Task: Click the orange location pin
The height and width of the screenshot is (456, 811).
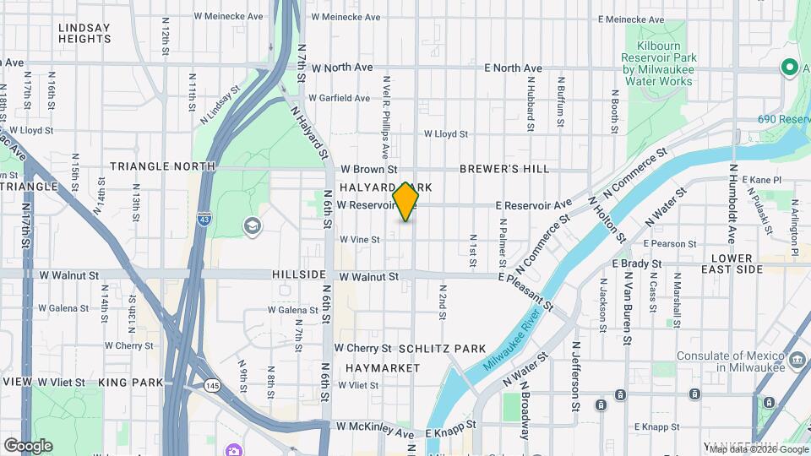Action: click(x=406, y=201)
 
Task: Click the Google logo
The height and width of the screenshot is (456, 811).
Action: click(x=28, y=446)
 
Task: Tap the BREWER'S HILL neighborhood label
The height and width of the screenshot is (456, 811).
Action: click(x=504, y=169)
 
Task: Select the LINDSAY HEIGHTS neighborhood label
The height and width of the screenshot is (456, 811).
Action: click(x=84, y=33)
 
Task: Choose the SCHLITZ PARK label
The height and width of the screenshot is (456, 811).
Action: click(x=442, y=349)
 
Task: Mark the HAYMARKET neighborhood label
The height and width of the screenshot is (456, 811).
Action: click(x=383, y=368)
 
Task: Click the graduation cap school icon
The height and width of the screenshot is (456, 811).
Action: click(x=251, y=225)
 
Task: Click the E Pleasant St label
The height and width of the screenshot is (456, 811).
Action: click(x=525, y=291)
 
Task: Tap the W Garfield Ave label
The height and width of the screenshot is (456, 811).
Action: click(x=340, y=98)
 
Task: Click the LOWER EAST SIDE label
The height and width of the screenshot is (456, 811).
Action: click(x=732, y=263)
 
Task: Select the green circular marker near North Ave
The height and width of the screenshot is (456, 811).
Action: click(x=789, y=67)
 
